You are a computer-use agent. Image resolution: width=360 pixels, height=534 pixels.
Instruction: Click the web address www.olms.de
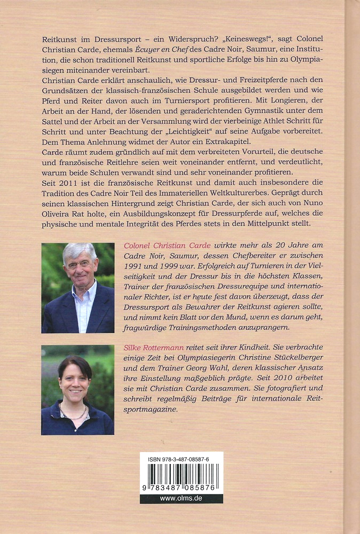181,498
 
